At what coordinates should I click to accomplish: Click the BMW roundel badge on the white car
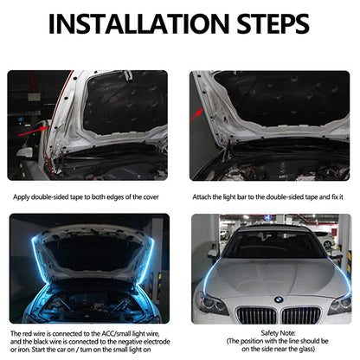click(x=279, y=299)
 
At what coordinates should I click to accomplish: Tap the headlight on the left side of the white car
click(x=209, y=303)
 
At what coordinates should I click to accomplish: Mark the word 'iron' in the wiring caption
click(x=22, y=349)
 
